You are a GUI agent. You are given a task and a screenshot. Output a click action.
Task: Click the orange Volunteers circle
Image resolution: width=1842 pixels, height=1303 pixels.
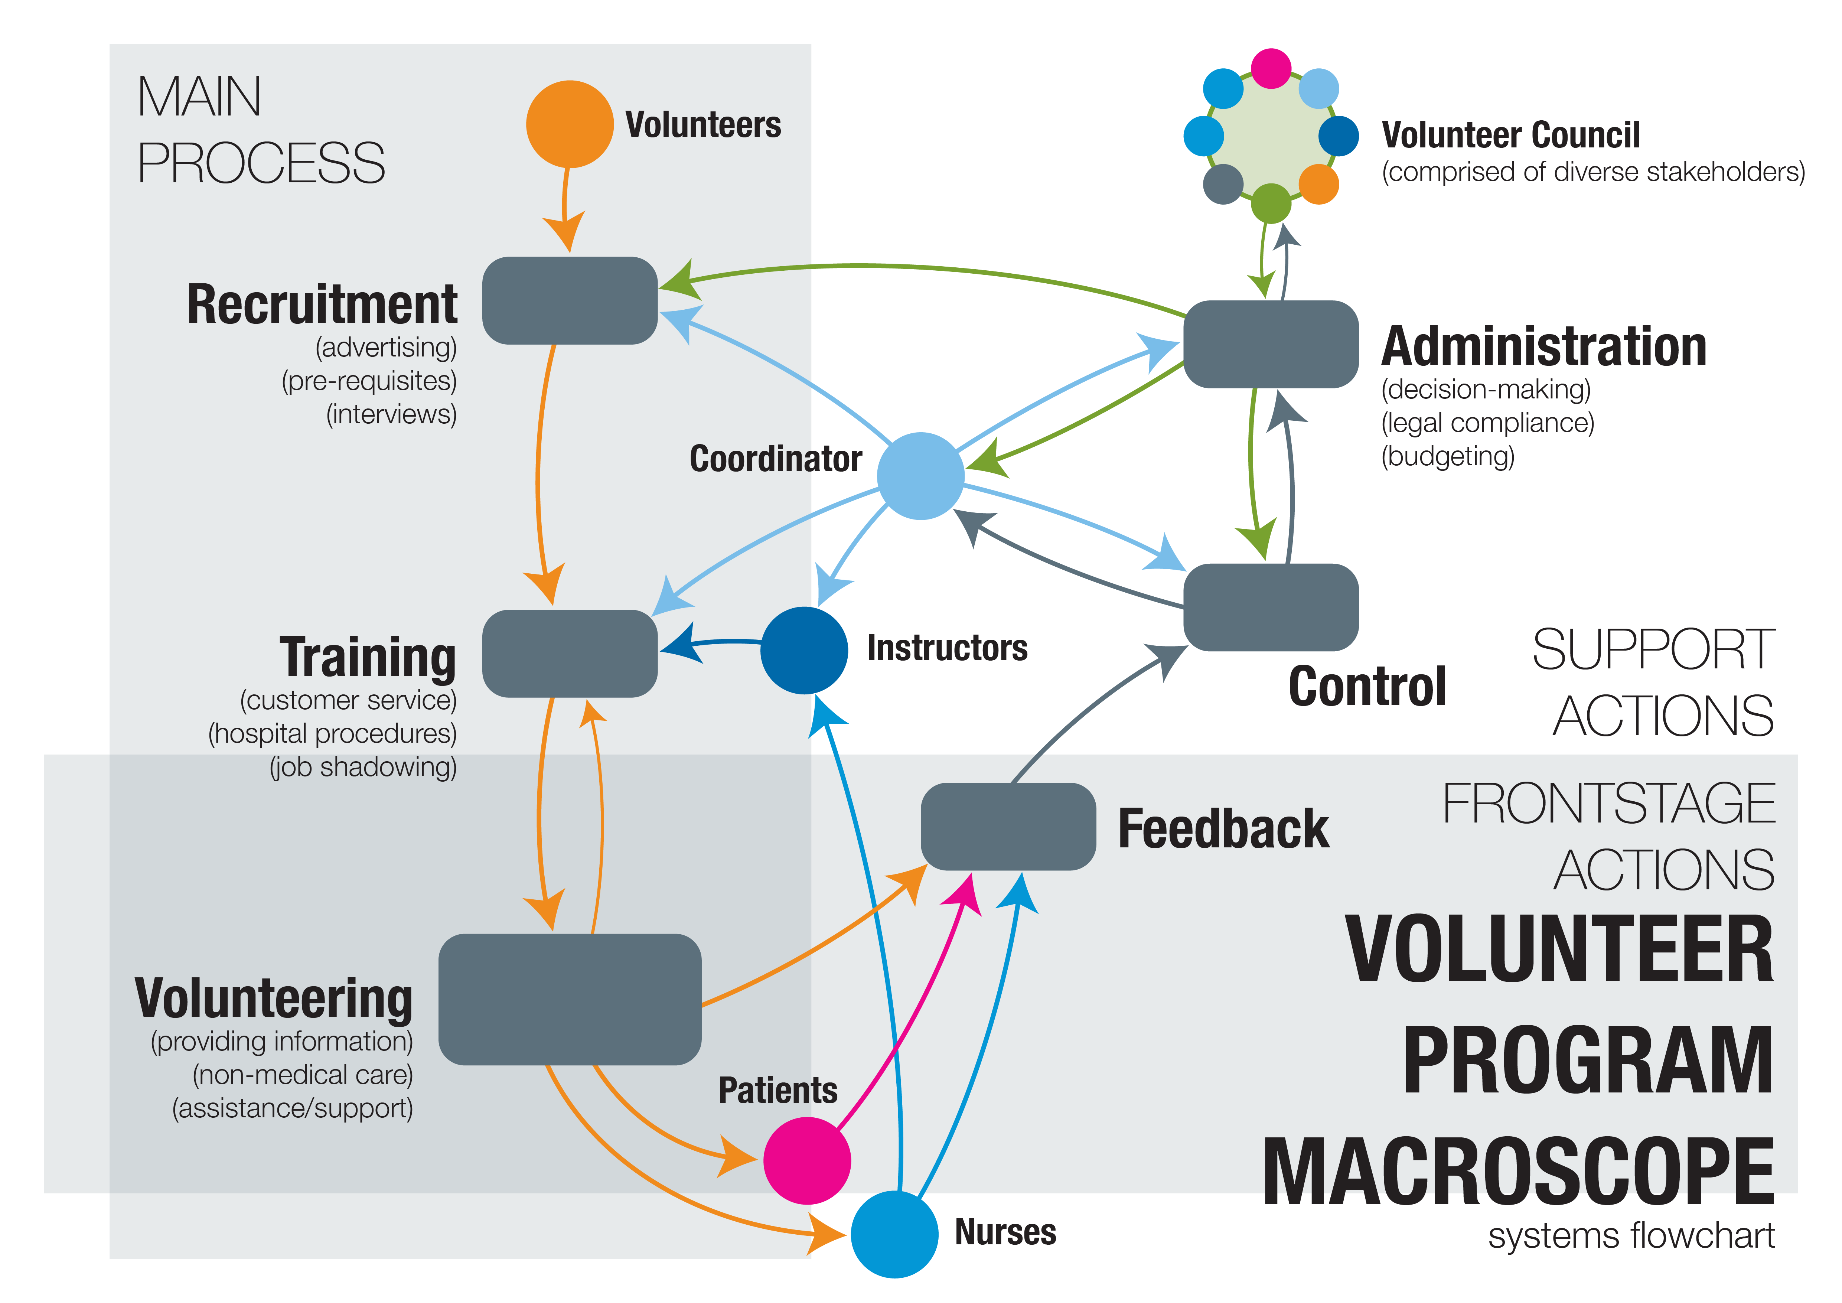[570, 124]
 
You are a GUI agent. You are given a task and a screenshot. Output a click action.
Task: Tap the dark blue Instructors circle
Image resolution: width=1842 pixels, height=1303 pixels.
[804, 650]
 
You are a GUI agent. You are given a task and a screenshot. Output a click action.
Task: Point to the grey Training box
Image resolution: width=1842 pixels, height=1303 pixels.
[570, 653]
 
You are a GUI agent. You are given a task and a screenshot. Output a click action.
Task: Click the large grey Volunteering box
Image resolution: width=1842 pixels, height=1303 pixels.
[570, 999]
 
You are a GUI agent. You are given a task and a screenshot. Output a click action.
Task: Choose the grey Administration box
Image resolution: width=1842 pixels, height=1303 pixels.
[1271, 344]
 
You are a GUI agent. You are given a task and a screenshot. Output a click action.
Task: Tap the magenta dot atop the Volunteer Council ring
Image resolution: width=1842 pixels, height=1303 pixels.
[1271, 68]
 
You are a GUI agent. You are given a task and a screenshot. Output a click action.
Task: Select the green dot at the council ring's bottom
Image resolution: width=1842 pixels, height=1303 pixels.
[1271, 203]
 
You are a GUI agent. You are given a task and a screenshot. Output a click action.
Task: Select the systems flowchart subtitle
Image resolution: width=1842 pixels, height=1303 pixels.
[1631, 1236]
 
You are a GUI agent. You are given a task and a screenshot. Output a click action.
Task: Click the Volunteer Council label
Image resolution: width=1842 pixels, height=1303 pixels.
[1511, 135]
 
